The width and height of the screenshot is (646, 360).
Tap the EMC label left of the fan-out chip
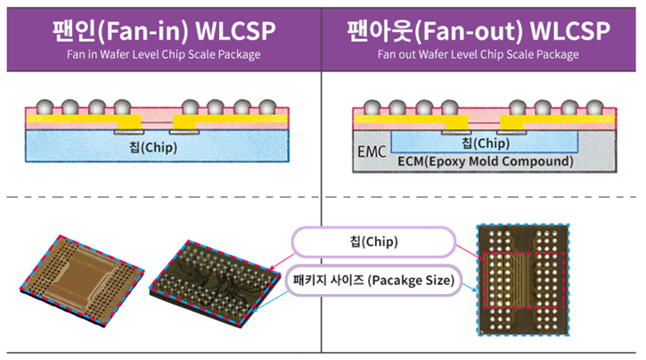(x=371, y=152)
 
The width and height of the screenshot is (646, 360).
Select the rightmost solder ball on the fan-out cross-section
(x=607, y=108)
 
